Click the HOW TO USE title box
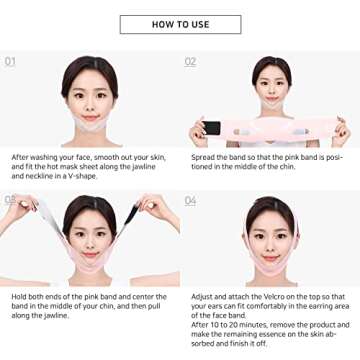(180, 24)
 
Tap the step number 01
(11, 61)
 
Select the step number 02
(190, 61)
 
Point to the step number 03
(11, 200)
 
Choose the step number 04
(190, 200)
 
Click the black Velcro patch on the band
(211, 128)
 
